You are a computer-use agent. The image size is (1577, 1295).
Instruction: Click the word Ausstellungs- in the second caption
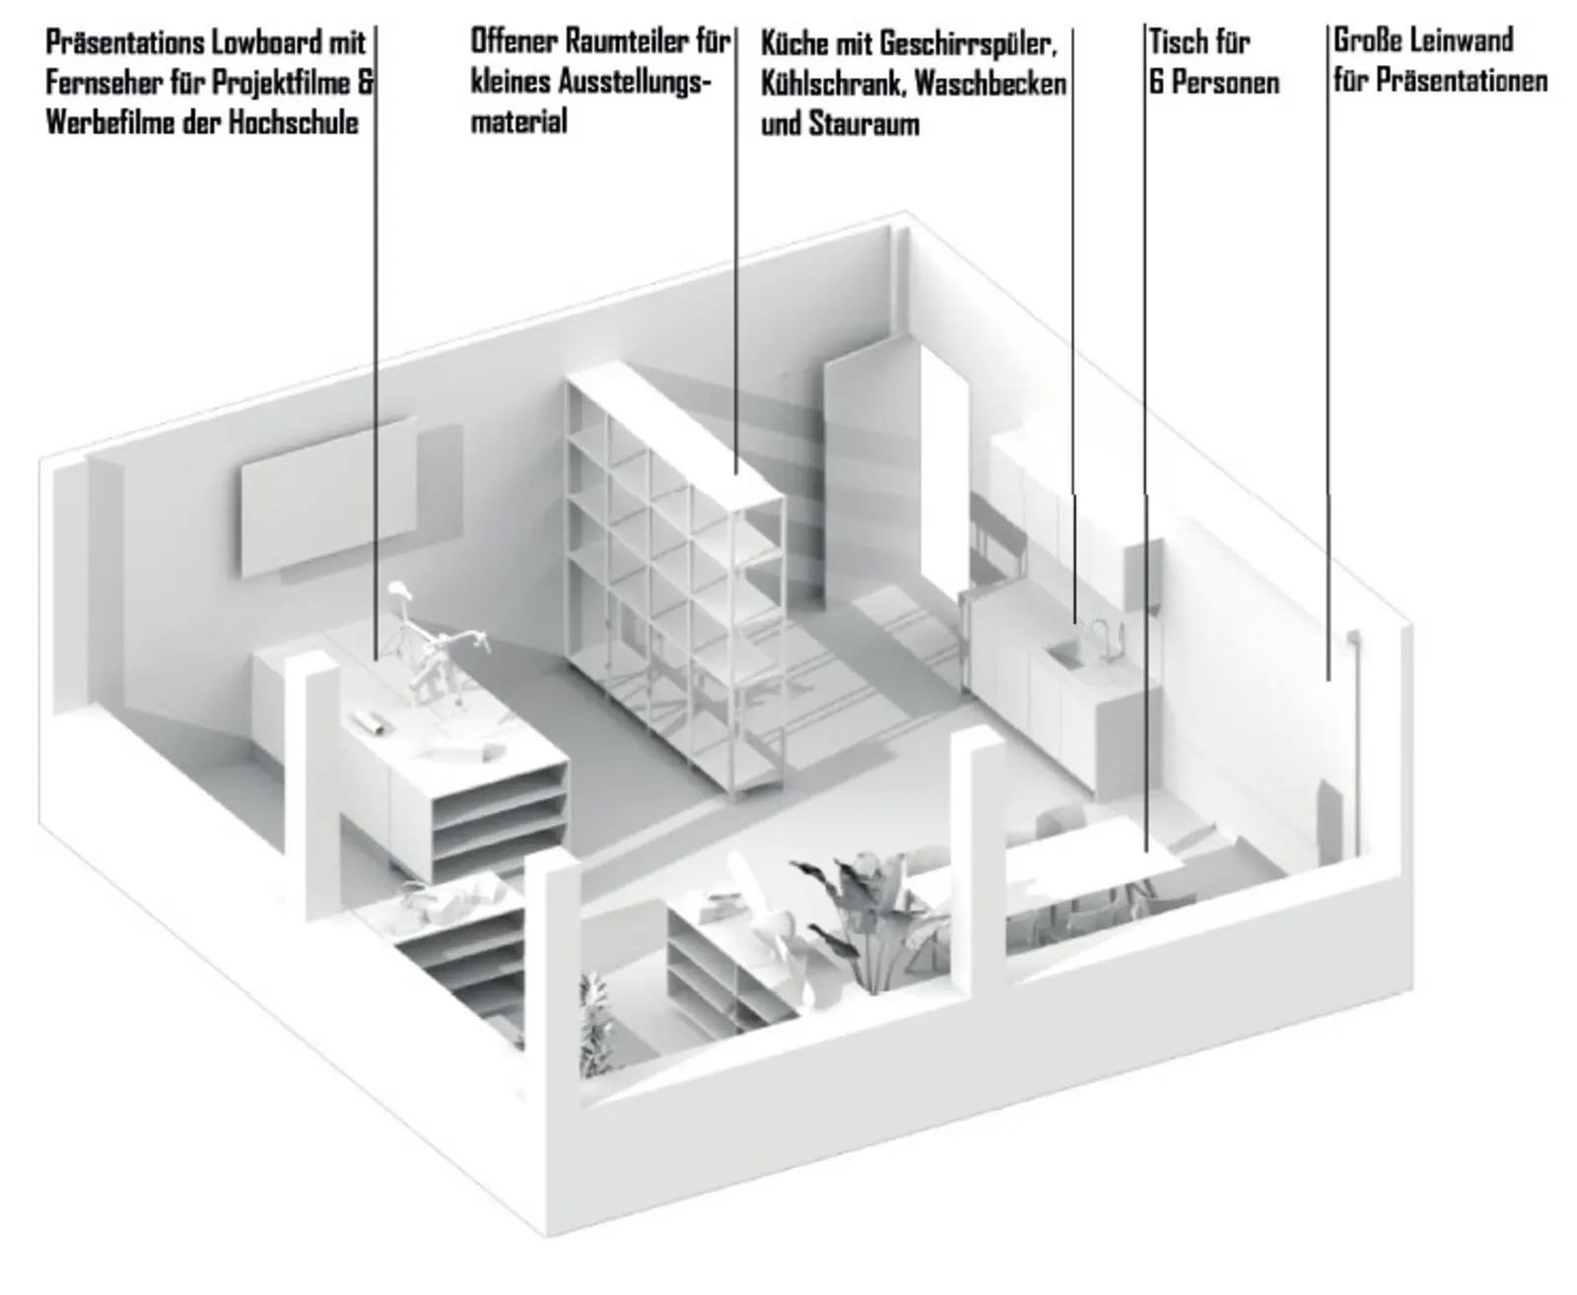635,82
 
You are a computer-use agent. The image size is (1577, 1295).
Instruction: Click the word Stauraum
863,125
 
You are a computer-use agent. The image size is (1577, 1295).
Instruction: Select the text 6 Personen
1213,83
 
